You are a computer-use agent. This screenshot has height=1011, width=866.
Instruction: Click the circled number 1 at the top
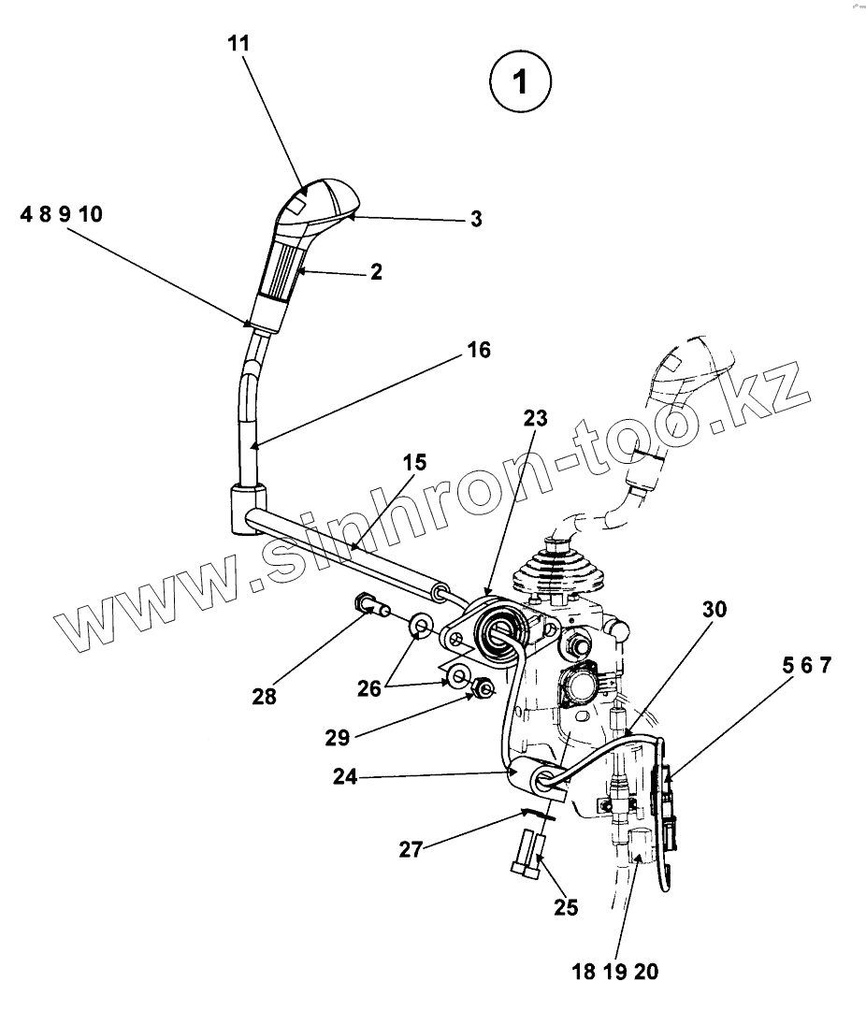tap(520, 81)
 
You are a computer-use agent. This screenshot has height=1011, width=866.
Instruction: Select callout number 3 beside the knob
tap(476, 219)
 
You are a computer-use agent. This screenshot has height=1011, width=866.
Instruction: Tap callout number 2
tap(376, 272)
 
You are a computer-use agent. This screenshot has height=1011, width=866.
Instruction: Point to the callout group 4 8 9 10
tap(61, 215)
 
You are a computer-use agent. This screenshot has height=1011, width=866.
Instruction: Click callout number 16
tap(479, 350)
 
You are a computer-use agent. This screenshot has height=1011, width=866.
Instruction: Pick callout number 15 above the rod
tap(414, 462)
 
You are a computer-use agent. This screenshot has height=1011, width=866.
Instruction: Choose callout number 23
tap(536, 418)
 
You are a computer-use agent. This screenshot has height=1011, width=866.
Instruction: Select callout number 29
tap(337, 738)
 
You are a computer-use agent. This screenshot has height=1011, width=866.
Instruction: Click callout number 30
tap(714, 610)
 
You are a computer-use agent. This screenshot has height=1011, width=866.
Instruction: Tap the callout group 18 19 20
tap(614, 972)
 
